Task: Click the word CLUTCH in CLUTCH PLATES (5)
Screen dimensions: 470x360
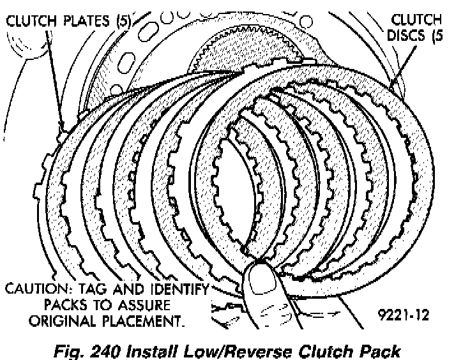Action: [32, 21]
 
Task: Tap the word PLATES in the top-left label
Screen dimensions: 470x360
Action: [86, 21]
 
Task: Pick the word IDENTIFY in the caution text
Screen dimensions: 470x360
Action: [176, 289]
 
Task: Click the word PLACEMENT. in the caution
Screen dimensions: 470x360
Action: [140, 319]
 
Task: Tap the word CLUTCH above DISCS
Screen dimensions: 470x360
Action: [418, 20]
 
